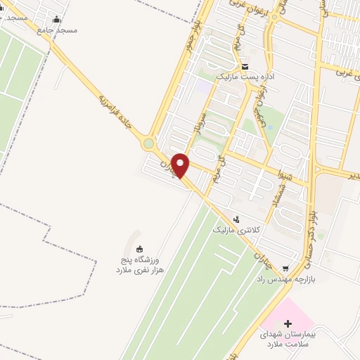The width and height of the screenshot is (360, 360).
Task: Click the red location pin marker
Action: point(181,165)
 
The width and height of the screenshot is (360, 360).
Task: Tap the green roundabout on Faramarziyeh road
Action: point(148,144)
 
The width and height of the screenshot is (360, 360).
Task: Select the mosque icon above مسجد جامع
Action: point(56,19)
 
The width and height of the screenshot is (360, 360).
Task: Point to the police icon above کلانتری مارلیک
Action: point(236,219)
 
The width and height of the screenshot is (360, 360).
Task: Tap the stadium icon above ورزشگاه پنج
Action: point(139,248)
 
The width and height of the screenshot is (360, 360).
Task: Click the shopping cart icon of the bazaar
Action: point(285,268)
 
